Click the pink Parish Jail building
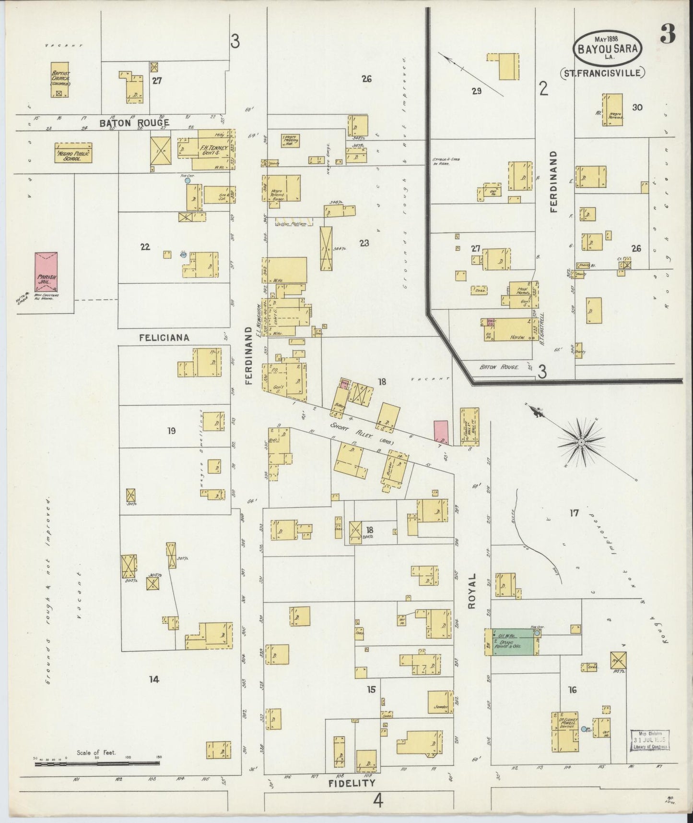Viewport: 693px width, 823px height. [x=46, y=271]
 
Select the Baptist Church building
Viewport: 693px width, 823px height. [x=60, y=80]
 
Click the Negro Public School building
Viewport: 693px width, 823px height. [x=73, y=153]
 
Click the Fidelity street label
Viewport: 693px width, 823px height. [x=352, y=783]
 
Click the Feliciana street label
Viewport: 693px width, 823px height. [x=164, y=338]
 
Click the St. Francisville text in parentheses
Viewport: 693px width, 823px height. [x=602, y=73]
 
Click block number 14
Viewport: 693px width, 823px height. [x=153, y=679]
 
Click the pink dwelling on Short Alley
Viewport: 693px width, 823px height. [x=441, y=431]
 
